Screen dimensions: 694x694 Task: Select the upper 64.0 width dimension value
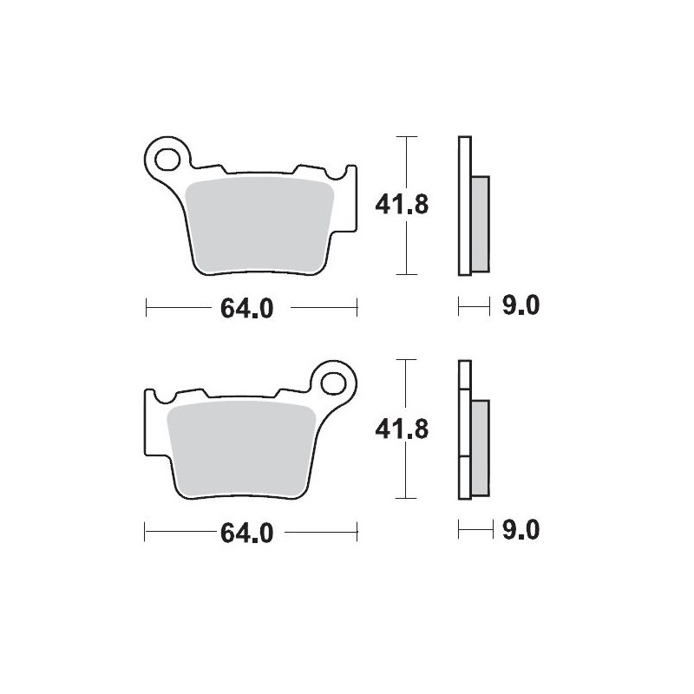point(247,307)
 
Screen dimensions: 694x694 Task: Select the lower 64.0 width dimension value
point(247,533)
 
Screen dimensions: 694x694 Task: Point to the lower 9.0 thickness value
point(521,530)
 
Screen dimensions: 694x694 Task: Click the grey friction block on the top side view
point(480,222)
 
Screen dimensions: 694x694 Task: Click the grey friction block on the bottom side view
point(480,447)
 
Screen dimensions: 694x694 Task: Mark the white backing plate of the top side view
point(464,206)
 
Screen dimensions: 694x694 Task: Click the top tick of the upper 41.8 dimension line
point(406,136)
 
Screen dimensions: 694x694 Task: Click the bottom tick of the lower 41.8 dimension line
point(406,498)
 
